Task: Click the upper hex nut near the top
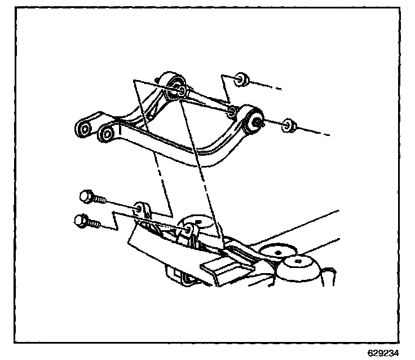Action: [x=241, y=79]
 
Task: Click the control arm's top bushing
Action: [x=176, y=86]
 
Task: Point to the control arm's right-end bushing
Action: [x=253, y=117]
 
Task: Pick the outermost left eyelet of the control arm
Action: [x=85, y=129]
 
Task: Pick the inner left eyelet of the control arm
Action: [x=106, y=134]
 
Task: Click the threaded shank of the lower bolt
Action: [x=95, y=223]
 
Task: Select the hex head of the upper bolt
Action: [x=86, y=196]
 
